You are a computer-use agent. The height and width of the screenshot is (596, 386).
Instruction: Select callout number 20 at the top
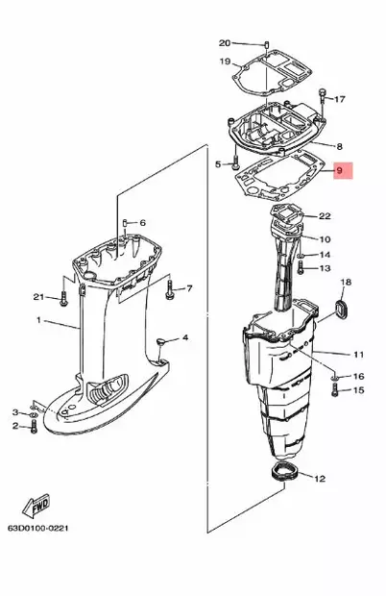(225, 42)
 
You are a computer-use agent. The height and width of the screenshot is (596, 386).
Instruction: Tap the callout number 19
(225, 62)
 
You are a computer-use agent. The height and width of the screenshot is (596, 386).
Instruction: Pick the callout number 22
(325, 216)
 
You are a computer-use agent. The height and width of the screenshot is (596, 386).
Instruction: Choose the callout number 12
(320, 478)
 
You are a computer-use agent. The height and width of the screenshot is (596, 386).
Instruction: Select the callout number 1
(39, 319)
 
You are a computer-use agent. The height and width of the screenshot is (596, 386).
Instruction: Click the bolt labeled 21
(64, 297)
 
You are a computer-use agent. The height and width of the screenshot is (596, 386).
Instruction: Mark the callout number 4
(185, 337)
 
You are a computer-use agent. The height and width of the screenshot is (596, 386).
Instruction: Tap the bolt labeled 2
(34, 426)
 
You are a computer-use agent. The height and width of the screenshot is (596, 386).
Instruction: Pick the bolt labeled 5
(234, 163)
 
